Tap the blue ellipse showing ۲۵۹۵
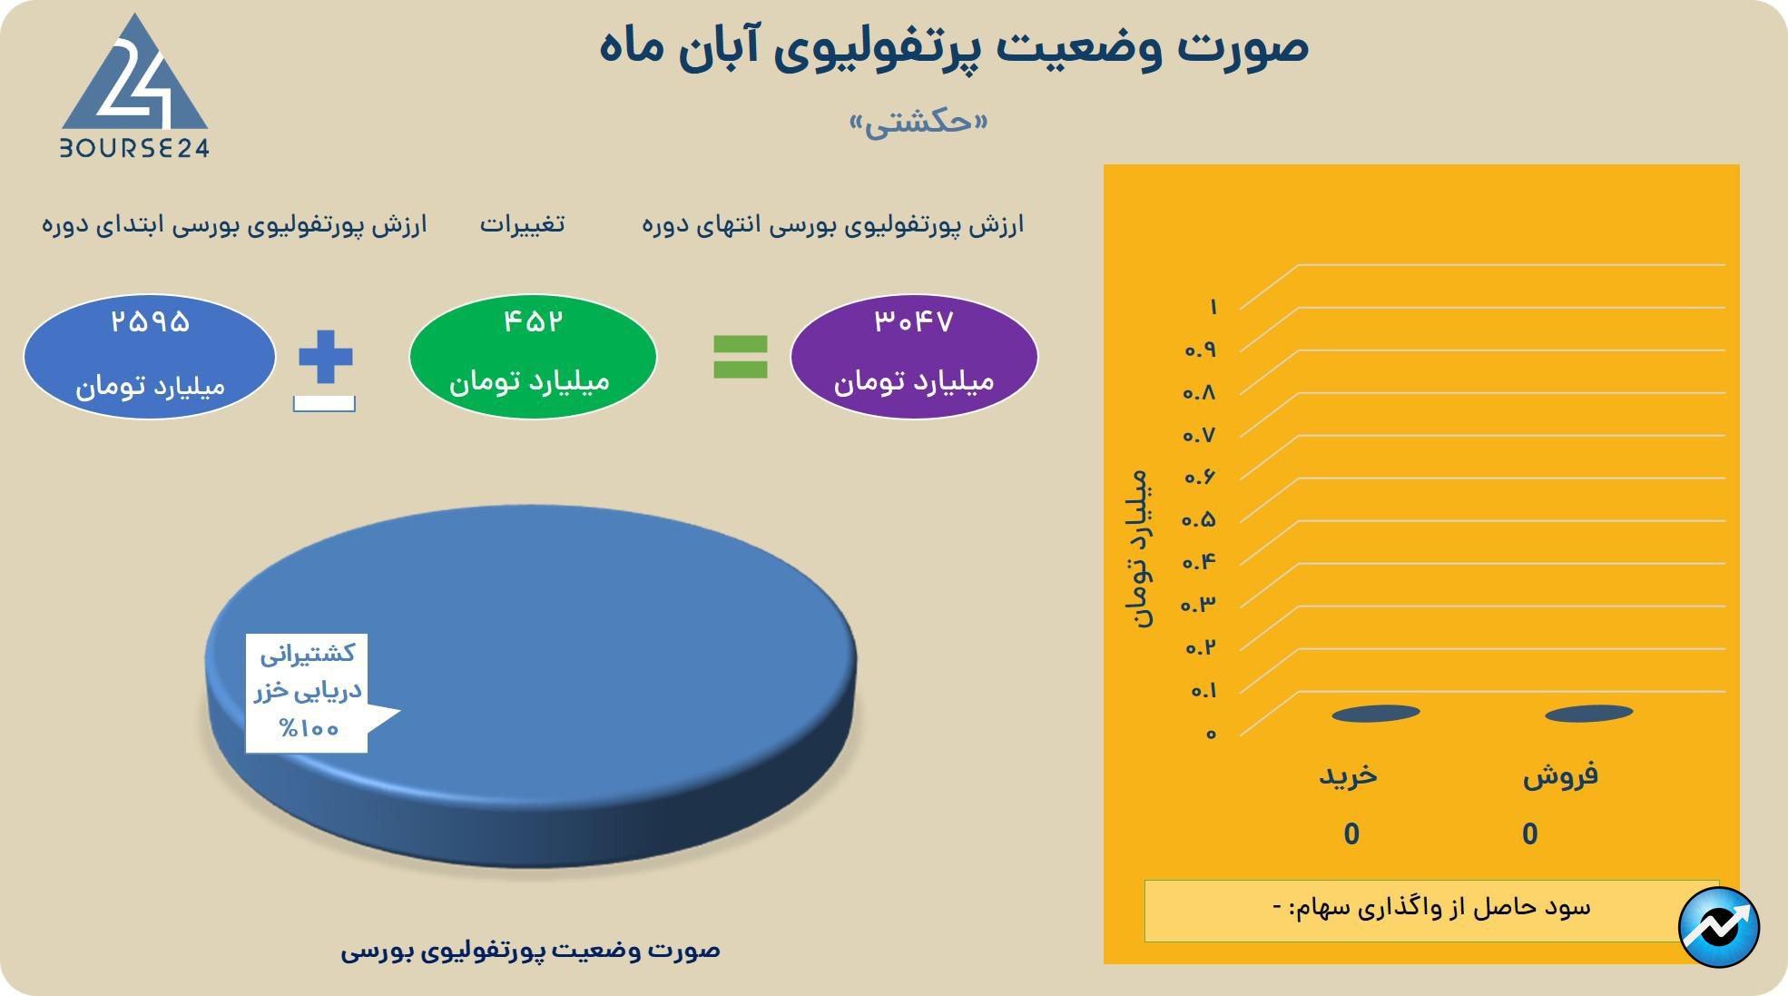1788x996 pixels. point(150,356)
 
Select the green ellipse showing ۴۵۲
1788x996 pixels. point(533,356)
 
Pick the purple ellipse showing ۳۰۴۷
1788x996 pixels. point(914,356)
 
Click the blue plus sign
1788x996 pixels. point(325,357)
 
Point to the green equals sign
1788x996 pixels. point(741,357)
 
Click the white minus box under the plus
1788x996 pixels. point(324,404)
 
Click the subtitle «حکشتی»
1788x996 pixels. point(919,122)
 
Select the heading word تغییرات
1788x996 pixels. point(522,223)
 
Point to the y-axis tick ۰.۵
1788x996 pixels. point(1199,519)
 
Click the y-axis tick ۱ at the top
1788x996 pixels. point(1213,307)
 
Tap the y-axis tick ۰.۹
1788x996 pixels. point(1199,350)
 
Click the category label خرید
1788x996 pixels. point(1348,774)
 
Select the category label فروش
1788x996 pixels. point(1560,775)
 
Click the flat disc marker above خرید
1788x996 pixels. point(1376,714)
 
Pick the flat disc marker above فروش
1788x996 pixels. point(1589,714)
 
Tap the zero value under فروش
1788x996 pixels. point(1530,833)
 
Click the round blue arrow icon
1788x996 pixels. point(1719,928)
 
